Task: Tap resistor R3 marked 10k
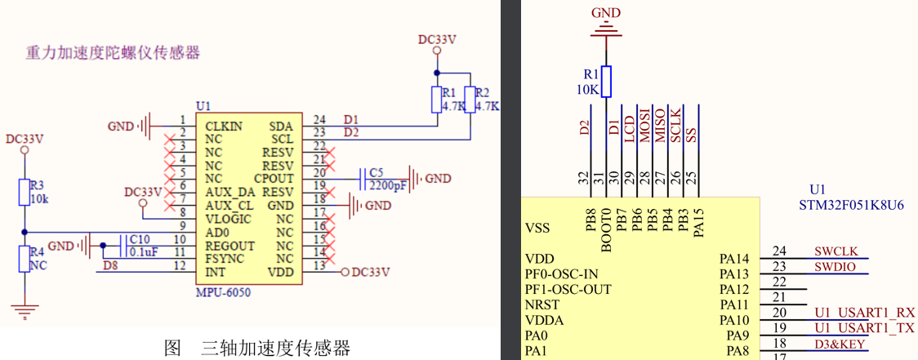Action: coord(25,193)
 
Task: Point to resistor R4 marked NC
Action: coord(25,259)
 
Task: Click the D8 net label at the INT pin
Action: coord(112,265)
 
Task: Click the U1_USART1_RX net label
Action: coord(864,313)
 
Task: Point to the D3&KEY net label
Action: coord(840,344)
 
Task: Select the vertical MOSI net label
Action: coord(645,126)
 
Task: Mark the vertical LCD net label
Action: coord(630,130)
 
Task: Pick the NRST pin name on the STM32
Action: coord(542,304)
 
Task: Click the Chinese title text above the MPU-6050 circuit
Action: coord(113,54)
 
